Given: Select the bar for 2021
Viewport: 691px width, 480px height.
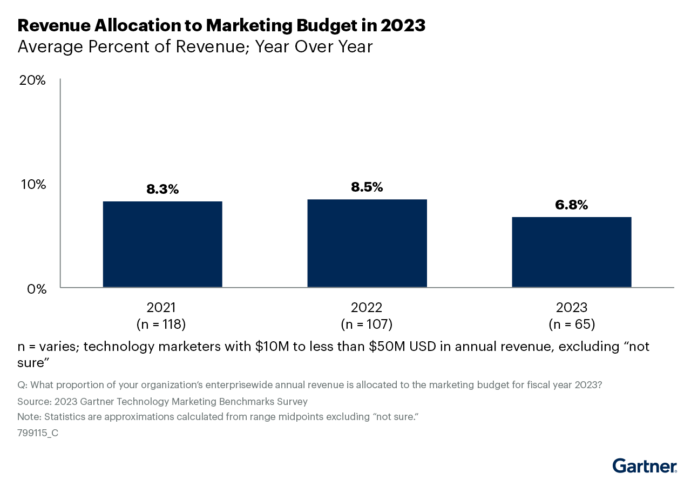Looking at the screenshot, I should (x=162, y=244).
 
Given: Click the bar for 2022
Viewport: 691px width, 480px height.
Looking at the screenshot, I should (x=367, y=243).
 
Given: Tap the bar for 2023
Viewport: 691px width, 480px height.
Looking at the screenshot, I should (x=571, y=252).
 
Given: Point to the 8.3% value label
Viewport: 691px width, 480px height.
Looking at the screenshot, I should (x=162, y=190).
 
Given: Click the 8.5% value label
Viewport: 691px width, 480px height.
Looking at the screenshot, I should (x=367, y=187).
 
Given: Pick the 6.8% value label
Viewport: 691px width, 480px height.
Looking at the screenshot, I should (x=571, y=205).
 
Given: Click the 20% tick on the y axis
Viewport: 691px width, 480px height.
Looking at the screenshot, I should (x=33, y=80).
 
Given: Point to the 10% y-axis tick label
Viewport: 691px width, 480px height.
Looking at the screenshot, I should (x=33, y=184).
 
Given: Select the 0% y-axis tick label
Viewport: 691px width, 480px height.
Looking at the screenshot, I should (x=36, y=289).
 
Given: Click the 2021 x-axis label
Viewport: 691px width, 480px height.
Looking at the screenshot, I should (x=161, y=308).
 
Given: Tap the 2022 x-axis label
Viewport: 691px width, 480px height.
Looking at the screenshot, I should (x=367, y=308).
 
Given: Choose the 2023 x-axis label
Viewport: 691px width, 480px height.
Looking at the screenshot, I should (x=572, y=308).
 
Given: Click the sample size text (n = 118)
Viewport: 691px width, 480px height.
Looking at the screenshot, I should (x=161, y=324).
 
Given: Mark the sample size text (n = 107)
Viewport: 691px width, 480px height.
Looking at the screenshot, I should (x=367, y=324).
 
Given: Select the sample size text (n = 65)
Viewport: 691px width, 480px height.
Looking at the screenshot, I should (x=572, y=324).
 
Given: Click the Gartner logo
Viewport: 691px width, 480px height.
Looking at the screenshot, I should (x=645, y=465).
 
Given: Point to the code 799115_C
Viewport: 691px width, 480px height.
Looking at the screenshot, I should (x=38, y=432).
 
